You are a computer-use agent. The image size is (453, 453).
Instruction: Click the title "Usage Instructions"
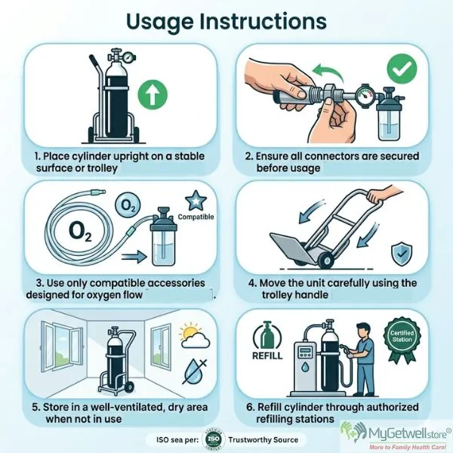(x=226, y=23)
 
